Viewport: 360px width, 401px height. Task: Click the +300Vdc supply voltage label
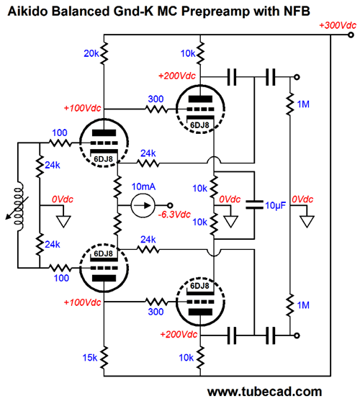pos(338,25)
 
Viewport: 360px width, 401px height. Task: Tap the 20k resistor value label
pos(91,53)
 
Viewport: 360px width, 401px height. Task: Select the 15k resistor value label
pos(90,358)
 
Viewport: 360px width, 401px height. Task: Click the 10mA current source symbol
pos(143,205)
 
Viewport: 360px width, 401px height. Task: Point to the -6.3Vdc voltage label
pos(174,215)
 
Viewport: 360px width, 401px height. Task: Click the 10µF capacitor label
pos(276,205)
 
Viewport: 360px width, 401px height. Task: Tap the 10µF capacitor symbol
pos(254,205)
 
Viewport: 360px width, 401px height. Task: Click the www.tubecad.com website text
pos(265,392)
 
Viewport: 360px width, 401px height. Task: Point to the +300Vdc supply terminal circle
pos(351,35)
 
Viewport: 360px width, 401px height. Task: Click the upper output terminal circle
pos(297,77)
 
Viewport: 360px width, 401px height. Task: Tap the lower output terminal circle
pos(297,335)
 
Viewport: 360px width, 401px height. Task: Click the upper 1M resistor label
pos(303,104)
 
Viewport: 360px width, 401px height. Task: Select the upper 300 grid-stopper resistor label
pos(156,99)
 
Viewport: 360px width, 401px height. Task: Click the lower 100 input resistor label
pos(61,278)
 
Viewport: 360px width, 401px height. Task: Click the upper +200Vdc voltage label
pos(177,76)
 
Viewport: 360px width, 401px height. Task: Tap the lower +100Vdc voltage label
pos(82,302)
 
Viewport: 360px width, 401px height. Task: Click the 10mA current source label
pos(143,186)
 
